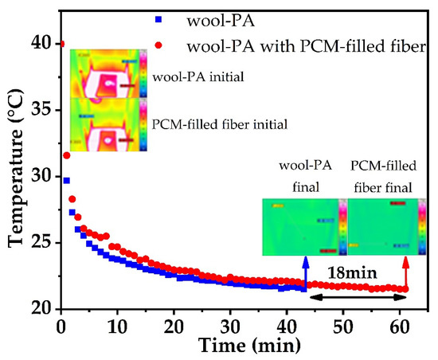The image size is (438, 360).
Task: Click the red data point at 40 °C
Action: coord(62,44)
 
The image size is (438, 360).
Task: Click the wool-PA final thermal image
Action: coord(303,226)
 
